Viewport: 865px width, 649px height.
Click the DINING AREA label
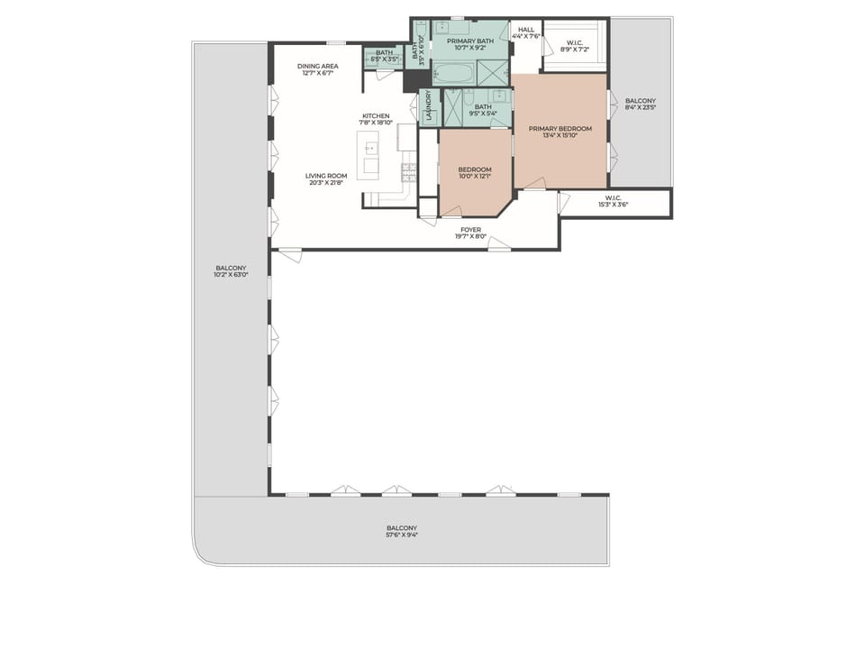[318, 66]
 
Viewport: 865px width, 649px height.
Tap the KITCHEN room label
[376, 116]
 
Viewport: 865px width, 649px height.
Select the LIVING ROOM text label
[325, 176]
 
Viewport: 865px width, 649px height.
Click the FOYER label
[470, 230]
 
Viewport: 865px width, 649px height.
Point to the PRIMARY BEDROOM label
[560, 129]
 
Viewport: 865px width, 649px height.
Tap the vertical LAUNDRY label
[430, 106]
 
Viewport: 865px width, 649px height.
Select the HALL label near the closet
[526, 30]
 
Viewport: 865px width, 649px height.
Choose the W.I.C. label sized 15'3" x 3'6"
[614, 198]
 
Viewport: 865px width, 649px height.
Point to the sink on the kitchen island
[369, 149]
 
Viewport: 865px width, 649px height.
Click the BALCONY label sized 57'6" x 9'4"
[402, 528]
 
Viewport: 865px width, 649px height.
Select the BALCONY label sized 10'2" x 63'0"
[231, 268]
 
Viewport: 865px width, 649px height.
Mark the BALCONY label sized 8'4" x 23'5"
[640, 101]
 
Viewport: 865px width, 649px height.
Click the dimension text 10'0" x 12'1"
[475, 178]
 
